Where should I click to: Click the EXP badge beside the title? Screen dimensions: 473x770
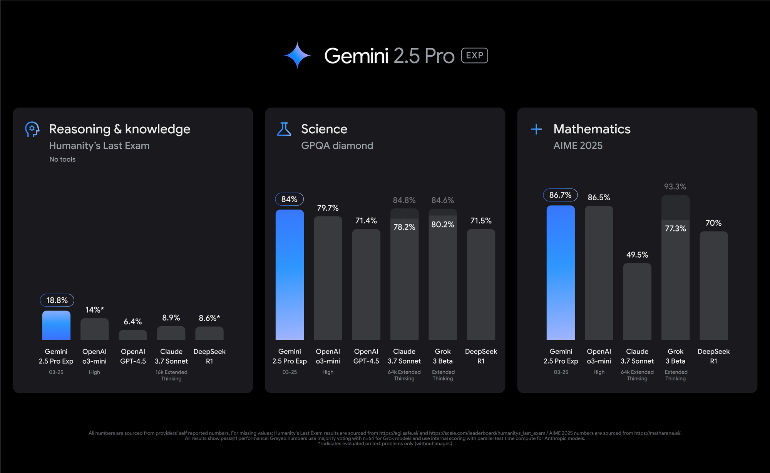[474, 55]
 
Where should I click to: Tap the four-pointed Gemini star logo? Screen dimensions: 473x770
[297, 55]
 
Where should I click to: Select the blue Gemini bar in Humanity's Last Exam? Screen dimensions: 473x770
[56, 325]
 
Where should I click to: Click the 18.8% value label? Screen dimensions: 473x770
[57, 300]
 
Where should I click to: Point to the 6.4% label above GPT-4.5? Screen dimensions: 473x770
[133, 322]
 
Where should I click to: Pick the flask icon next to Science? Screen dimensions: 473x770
[284, 129]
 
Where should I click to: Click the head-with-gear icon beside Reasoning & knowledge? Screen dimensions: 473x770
[32, 129]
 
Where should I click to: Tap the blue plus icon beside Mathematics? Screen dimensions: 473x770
[536, 129]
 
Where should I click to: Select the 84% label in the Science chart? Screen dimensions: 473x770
[289, 199]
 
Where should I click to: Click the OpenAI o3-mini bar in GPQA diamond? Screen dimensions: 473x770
[328, 277]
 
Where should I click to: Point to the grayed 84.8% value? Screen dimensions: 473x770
[404, 200]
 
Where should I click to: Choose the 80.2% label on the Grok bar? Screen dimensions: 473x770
[442, 225]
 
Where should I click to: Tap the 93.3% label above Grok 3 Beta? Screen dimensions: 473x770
[675, 187]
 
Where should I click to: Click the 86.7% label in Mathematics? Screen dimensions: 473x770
[560, 195]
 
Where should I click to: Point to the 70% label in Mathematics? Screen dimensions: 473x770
[713, 223]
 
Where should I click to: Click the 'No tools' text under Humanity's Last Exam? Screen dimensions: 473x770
[62, 159]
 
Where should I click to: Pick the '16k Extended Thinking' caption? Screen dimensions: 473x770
[171, 375]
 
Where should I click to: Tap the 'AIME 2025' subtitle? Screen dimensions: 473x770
[578, 146]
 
